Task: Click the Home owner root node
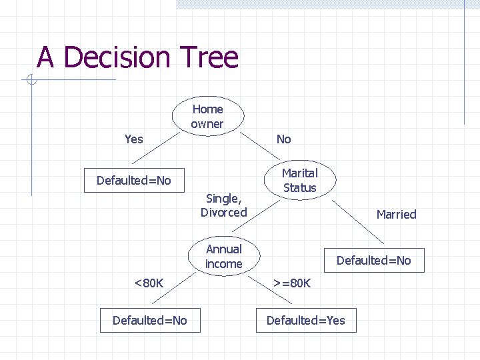tap(207, 117)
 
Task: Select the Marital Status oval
tap(299, 181)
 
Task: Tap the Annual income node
tap(223, 257)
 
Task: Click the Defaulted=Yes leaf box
tap(306, 321)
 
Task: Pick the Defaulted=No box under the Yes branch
tap(133, 181)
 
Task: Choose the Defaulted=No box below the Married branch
tap(373, 261)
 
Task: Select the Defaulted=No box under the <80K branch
tap(149, 321)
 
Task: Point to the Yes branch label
tap(133, 139)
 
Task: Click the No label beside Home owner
tap(284, 139)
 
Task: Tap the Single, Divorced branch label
tap(223, 205)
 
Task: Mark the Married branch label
tap(396, 214)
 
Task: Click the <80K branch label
tap(149, 283)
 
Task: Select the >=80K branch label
tap(291, 283)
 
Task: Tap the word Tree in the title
tap(209, 57)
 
